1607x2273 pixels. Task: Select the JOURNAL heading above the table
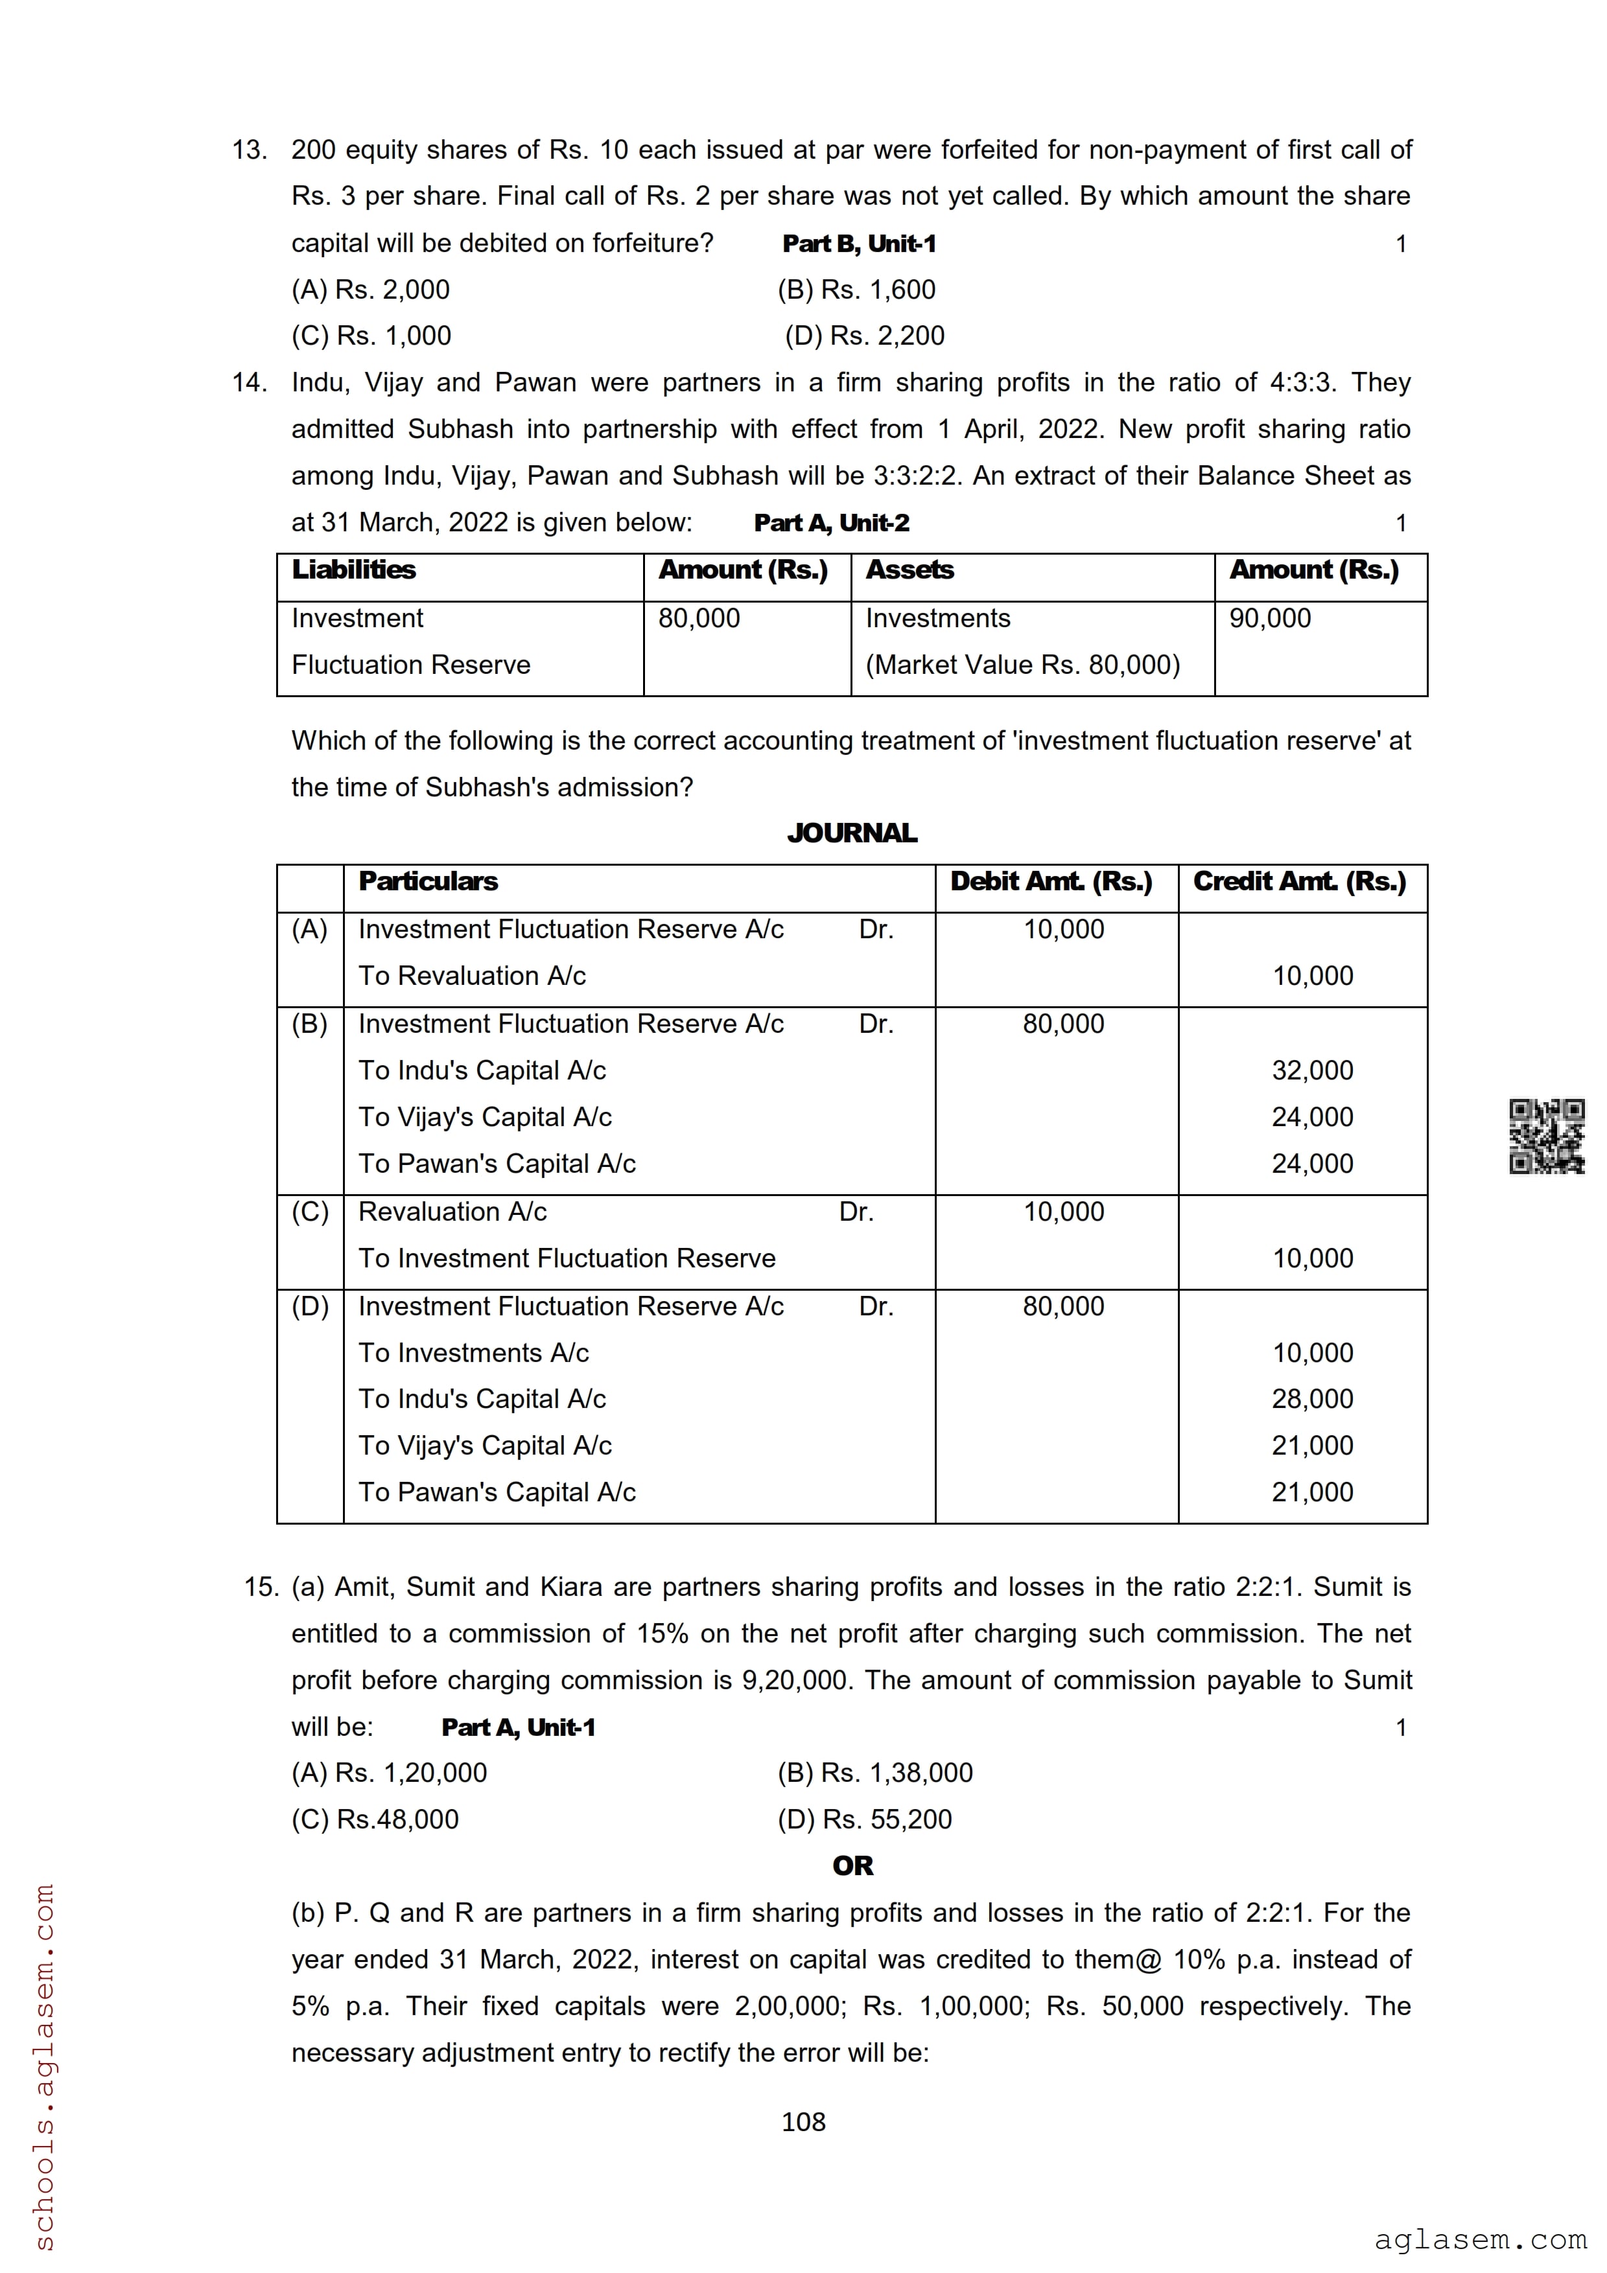[852, 833]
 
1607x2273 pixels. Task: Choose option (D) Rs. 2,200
[864, 336]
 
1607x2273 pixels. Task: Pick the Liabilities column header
[353, 570]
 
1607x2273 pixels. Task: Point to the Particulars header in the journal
[428, 881]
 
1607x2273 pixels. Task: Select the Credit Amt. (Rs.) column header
[1299, 881]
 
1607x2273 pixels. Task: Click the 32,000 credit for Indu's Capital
[1312, 1070]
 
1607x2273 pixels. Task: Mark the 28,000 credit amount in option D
[1312, 1399]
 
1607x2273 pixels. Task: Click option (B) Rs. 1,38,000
[875, 1772]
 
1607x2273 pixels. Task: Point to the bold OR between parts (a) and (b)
[852, 1866]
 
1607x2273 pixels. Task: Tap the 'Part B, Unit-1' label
[858, 244]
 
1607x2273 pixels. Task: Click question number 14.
[250, 382]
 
